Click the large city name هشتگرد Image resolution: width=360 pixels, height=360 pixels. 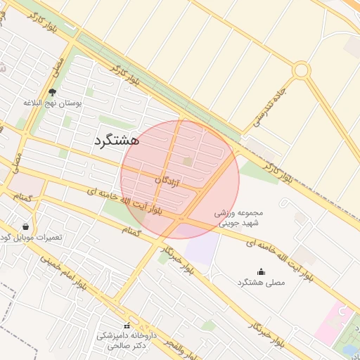(x=116, y=140)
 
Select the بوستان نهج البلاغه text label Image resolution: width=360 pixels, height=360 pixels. (x=53, y=103)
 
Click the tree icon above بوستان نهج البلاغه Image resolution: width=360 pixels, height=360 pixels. (x=52, y=91)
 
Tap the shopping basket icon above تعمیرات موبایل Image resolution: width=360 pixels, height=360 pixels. (x=26, y=226)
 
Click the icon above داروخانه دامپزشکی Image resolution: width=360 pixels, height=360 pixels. (x=127, y=326)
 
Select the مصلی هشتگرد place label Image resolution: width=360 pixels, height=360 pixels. (x=262, y=283)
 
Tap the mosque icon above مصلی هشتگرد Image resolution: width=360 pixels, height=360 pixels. (x=262, y=272)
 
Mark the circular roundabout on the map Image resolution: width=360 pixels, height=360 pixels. (x=302, y=70)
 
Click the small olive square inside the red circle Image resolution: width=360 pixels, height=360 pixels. (x=187, y=162)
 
